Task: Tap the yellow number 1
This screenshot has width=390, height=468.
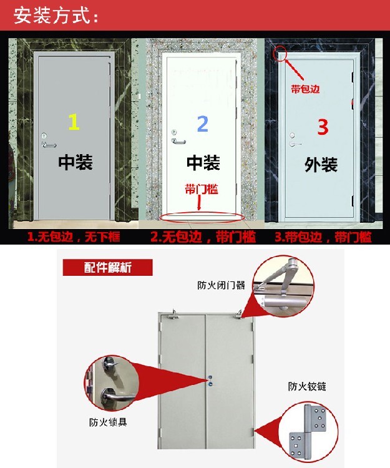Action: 74,122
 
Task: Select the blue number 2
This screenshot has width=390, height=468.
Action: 203,124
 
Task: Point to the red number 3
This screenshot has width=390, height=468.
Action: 323,127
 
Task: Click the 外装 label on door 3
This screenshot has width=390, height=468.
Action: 321,165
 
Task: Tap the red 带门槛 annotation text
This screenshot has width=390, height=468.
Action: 202,189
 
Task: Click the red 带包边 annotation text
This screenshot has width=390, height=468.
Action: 305,89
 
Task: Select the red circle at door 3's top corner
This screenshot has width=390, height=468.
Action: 280,53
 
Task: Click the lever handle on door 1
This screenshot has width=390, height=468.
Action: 49,145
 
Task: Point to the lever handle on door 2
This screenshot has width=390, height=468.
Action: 178,141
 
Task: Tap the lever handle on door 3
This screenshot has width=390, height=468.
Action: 295,144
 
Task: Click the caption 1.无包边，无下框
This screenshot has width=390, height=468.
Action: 74,237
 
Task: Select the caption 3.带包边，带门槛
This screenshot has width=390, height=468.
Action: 323,237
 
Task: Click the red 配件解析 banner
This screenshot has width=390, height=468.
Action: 107,267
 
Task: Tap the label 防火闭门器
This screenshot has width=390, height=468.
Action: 221,285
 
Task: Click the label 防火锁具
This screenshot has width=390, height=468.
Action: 108,422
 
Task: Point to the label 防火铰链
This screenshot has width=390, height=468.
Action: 307,386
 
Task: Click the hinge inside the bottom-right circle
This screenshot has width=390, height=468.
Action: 308,431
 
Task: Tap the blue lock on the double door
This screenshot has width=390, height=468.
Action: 211,384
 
